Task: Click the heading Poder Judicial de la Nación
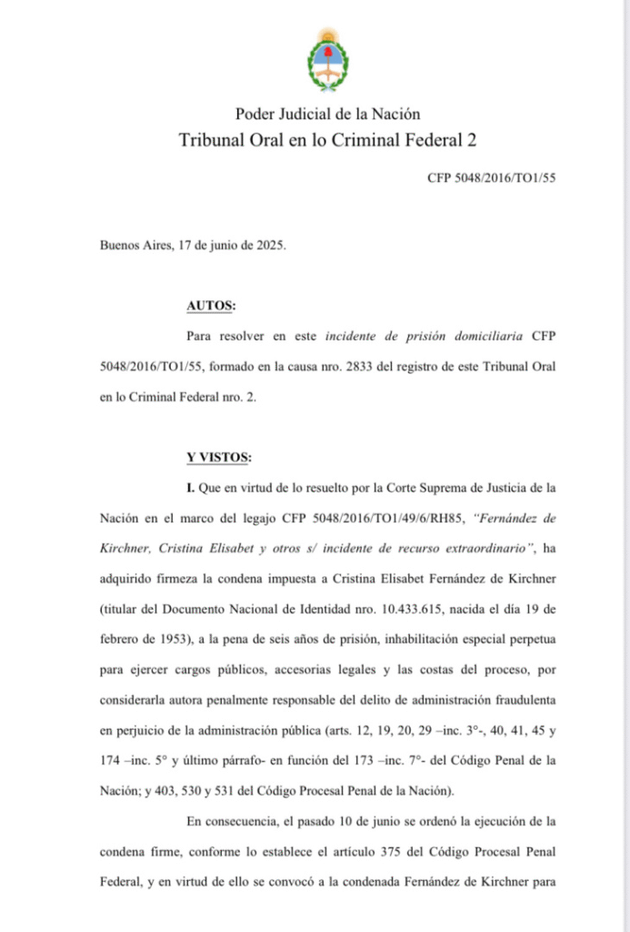point(327,114)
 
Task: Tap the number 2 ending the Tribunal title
point(471,140)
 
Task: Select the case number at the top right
point(491,178)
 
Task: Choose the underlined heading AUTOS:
point(211,306)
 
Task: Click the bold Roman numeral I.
point(190,488)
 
